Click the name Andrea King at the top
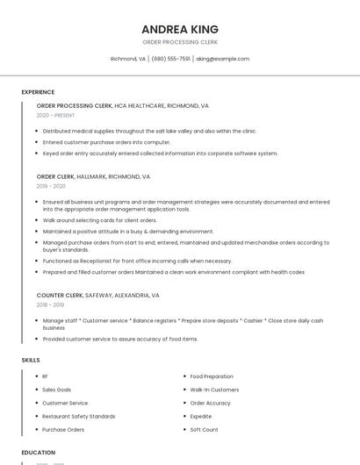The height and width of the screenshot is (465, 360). tap(180, 29)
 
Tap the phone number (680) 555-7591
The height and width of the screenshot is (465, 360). tap(170, 59)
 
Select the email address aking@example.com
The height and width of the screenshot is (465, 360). tap(223, 59)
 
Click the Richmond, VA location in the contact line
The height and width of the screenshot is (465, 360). tap(128, 59)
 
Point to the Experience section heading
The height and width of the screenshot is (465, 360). tap(38, 92)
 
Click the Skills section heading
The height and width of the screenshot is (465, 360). tap(31, 360)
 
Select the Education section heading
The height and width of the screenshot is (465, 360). tap(39, 453)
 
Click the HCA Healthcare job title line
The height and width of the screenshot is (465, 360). tap(122, 105)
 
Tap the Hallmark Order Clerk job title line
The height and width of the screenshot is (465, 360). tap(93, 176)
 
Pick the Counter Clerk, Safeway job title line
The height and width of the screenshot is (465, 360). tap(97, 296)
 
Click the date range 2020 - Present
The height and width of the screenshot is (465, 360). tap(55, 115)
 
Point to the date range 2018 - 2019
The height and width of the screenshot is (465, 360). tap(50, 304)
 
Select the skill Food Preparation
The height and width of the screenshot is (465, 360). tap(212, 376)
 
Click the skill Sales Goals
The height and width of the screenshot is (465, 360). tap(56, 390)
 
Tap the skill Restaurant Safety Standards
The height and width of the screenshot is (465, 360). tap(78, 417)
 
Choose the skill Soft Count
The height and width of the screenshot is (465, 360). tap(204, 430)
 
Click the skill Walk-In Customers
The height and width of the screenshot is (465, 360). tap(214, 390)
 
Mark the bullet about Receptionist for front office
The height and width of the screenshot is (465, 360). tap(137, 261)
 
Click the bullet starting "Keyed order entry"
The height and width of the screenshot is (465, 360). tap(160, 153)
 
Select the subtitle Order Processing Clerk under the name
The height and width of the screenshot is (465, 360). tap(180, 42)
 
